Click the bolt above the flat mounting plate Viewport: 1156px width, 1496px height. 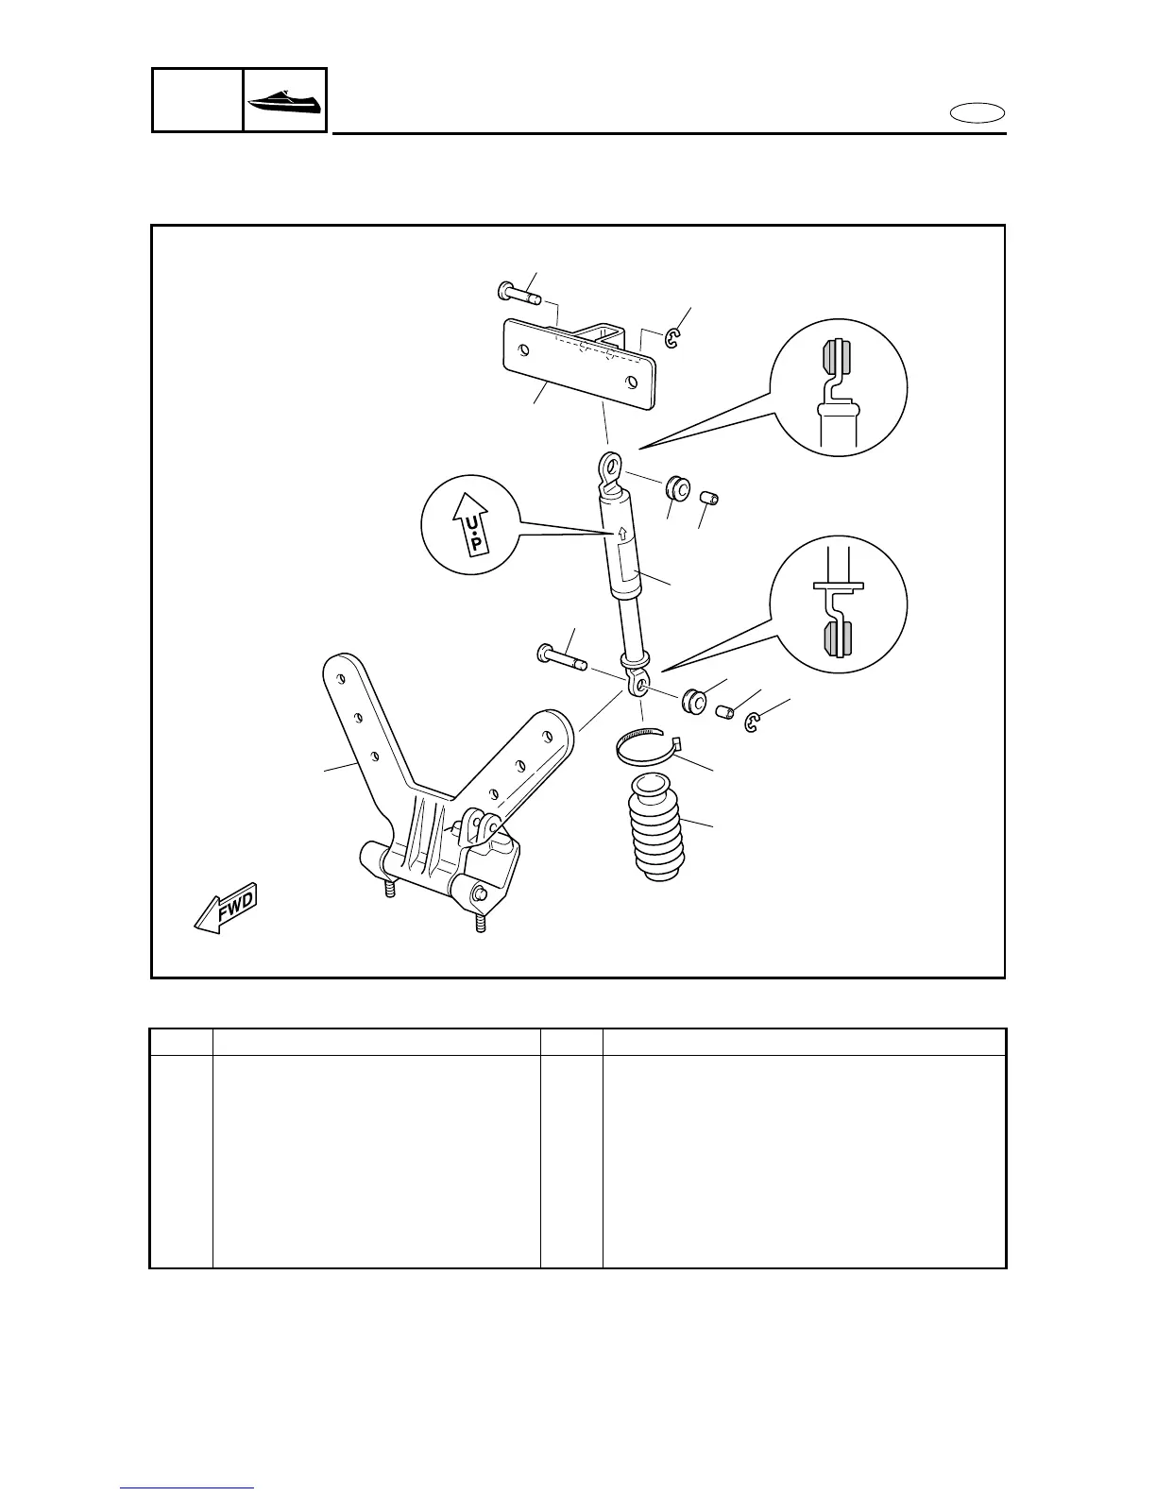pyautogui.click(x=518, y=294)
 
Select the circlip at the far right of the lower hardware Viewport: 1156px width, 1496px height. pyautogui.click(x=753, y=724)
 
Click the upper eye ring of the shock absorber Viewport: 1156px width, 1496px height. pyautogui.click(x=610, y=466)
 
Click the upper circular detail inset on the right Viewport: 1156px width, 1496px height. pyautogui.click(x=839, y=388)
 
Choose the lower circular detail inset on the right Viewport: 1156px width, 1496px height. pyautogui.click(x=839, y=603)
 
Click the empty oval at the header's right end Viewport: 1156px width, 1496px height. pyautogui.click(x=977, y=114)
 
